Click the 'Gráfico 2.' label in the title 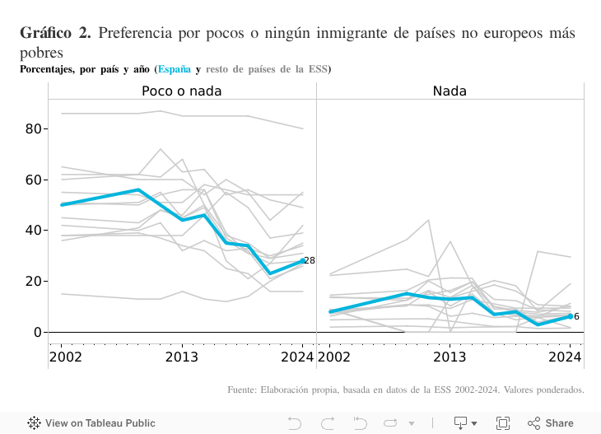[55, 34]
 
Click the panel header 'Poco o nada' [181, 91]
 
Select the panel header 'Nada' [450, 91]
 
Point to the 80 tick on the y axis [33, 128]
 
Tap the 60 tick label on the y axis [33, 180]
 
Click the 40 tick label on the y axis [33, 231]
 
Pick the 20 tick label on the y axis [33, 281]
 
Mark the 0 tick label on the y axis [37, 332]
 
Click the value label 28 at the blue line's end [310, 260]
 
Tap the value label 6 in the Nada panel [576, 316]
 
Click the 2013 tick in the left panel [182, 357]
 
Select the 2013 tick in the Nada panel [450, 357]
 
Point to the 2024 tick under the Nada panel [566, 357]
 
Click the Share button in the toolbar [551, 423]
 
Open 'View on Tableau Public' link [80, 423]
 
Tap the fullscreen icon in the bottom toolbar [502, 423]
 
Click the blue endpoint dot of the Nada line [570, 316]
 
